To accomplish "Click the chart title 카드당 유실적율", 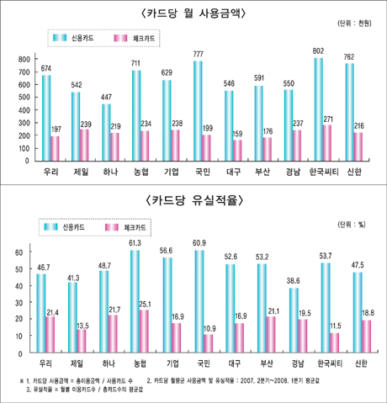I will click(x=193, y=200).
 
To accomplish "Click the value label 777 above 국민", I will click(x=199, y=54).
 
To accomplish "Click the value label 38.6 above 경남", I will click(x=293, y=279).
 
